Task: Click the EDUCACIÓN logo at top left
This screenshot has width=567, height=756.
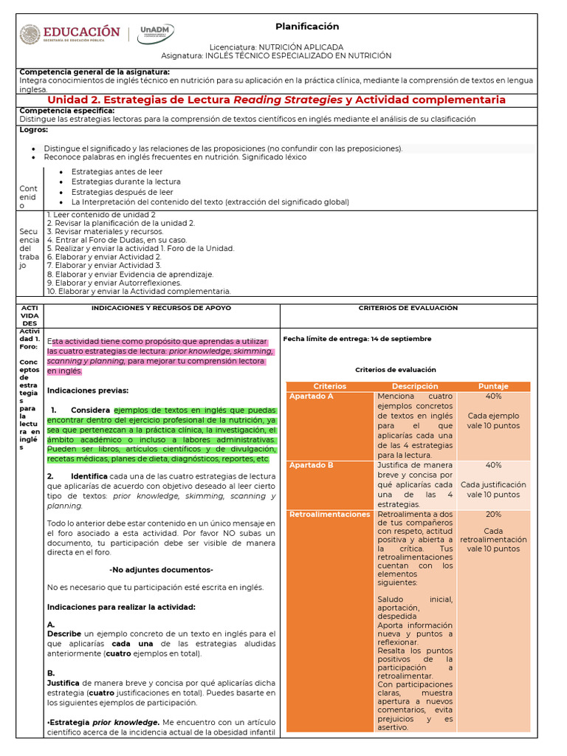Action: (69, 34)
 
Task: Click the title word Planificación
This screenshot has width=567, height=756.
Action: (307, 27)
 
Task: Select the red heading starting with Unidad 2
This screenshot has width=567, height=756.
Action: (277, 100)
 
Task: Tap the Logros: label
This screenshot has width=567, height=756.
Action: (34, 129)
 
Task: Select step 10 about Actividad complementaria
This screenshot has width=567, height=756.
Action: (139, 291)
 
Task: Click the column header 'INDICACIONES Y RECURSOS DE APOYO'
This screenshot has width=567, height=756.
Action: (160, 308)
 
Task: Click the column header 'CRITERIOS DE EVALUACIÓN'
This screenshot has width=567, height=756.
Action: (408, 308)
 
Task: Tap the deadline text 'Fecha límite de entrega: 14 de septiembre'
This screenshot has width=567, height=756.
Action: (357, 339)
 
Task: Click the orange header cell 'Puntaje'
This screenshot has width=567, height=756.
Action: (493, 386)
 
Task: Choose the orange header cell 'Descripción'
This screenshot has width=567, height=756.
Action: (415, 386)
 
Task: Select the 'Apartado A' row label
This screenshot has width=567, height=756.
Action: (312, 396)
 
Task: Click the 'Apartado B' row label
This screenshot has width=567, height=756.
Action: (312, 465)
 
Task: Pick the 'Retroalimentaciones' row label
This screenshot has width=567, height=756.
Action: (329, 514)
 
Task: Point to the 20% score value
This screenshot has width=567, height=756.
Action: (493, 514)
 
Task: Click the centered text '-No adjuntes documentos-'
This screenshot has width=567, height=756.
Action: (161, 570)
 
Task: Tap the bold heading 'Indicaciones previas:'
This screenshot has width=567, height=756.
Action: (88, 390)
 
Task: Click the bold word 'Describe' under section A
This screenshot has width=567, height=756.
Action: (63, 633)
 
